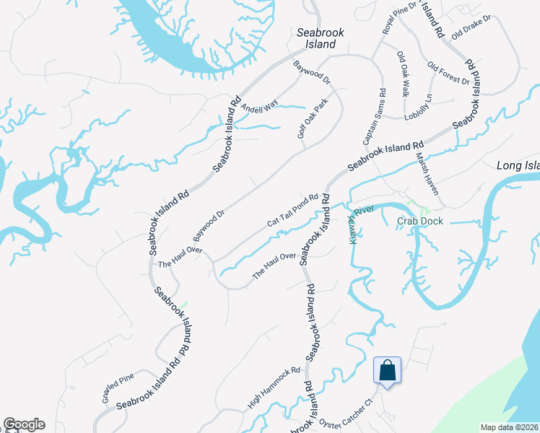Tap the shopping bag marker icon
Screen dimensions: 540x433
tap(386, 370)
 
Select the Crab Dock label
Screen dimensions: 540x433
tap(419, 221)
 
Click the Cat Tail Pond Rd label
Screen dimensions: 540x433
tap(292, 211)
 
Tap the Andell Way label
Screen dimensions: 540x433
tap(259, 108)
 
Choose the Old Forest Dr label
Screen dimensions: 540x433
tap(448, 74)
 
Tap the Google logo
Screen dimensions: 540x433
tap(24, 424)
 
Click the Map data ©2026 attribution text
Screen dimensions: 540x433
tap(510, 427)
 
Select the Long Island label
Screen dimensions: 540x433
tap(518, 166)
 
